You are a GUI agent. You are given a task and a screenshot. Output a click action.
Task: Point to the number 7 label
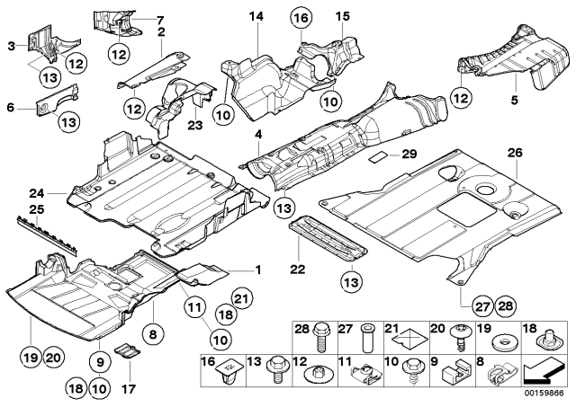coord(161,19)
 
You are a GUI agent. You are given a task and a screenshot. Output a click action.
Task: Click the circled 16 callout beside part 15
coord(299,18)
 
